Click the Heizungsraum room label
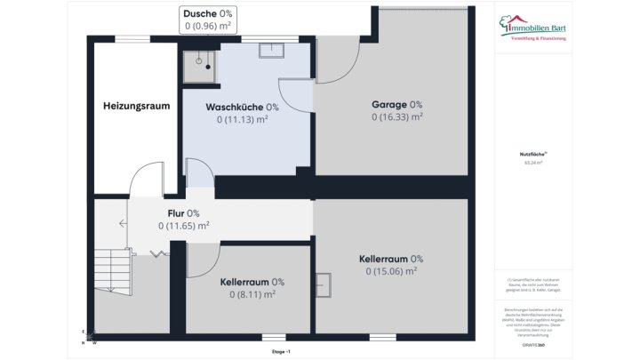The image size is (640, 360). [x=136, y=106]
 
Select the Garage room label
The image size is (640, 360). [x=396, y=104]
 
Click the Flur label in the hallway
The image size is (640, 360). [x=183, y=213]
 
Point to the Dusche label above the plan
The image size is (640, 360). [x=208, y=14]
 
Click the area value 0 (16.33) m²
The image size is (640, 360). [x=396, y=116]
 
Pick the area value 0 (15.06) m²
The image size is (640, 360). [x=391, y=271]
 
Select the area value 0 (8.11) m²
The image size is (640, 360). [x=252, y=294]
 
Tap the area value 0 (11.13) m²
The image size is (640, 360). [x=242, y=119]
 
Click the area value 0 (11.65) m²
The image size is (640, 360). [x=183, y=226]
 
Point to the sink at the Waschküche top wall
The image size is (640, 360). [x=271, y=50]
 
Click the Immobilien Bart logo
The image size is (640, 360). [x=536, y=28]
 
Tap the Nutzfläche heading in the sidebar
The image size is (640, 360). [x=533, y=155]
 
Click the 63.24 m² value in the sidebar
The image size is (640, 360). [x=533, y=163]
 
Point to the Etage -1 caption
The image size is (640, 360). [x=281, y=352]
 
